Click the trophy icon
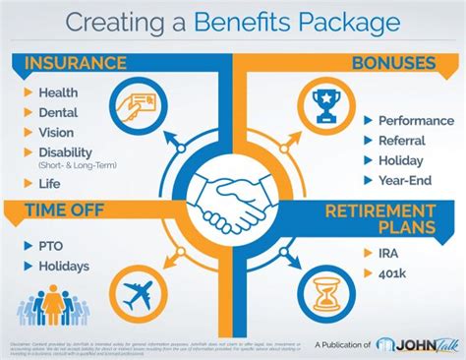pyautogui.click(x=325, y=104)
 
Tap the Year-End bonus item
pyautogui.click(x=404, y=180)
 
